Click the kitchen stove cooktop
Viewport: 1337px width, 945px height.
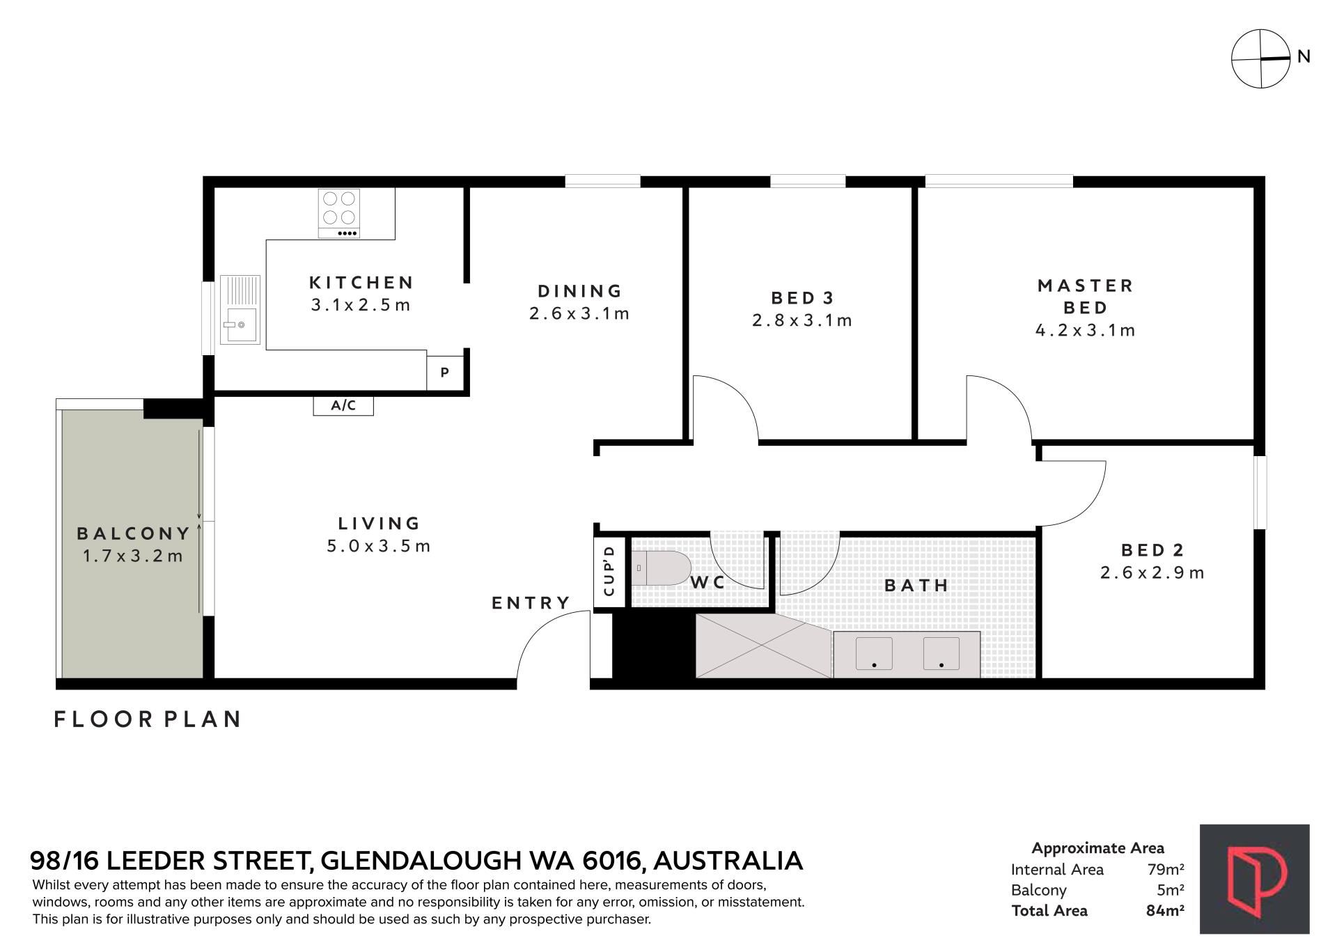(x=339, y=213)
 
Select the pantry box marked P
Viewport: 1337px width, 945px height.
(x=444, y=372)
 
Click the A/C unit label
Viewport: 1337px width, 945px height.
(x=343, y=405)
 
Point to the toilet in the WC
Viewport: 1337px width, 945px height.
(x=661, y=568)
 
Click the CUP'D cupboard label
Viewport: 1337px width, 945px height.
(x=609, y=571)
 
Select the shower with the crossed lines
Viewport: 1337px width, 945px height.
(x=764, y=646)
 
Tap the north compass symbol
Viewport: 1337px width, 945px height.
(x=1261, y=58)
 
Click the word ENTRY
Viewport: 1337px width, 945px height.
(x=531, y=603)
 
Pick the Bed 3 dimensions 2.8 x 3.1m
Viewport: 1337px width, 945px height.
(x=802, y=321)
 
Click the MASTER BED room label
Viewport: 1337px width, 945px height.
(x=1086, y=297)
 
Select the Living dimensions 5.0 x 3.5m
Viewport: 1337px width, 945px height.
(x=379, y=547)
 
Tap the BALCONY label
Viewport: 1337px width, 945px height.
(x=134, y=533)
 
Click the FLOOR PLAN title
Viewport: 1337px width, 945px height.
(x=148, y=719)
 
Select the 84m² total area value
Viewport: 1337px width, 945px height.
(x=1165, y=910)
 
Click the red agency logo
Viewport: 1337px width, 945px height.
(x=1254, y=879)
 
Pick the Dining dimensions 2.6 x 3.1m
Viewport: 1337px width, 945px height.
(x=579, y=314)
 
